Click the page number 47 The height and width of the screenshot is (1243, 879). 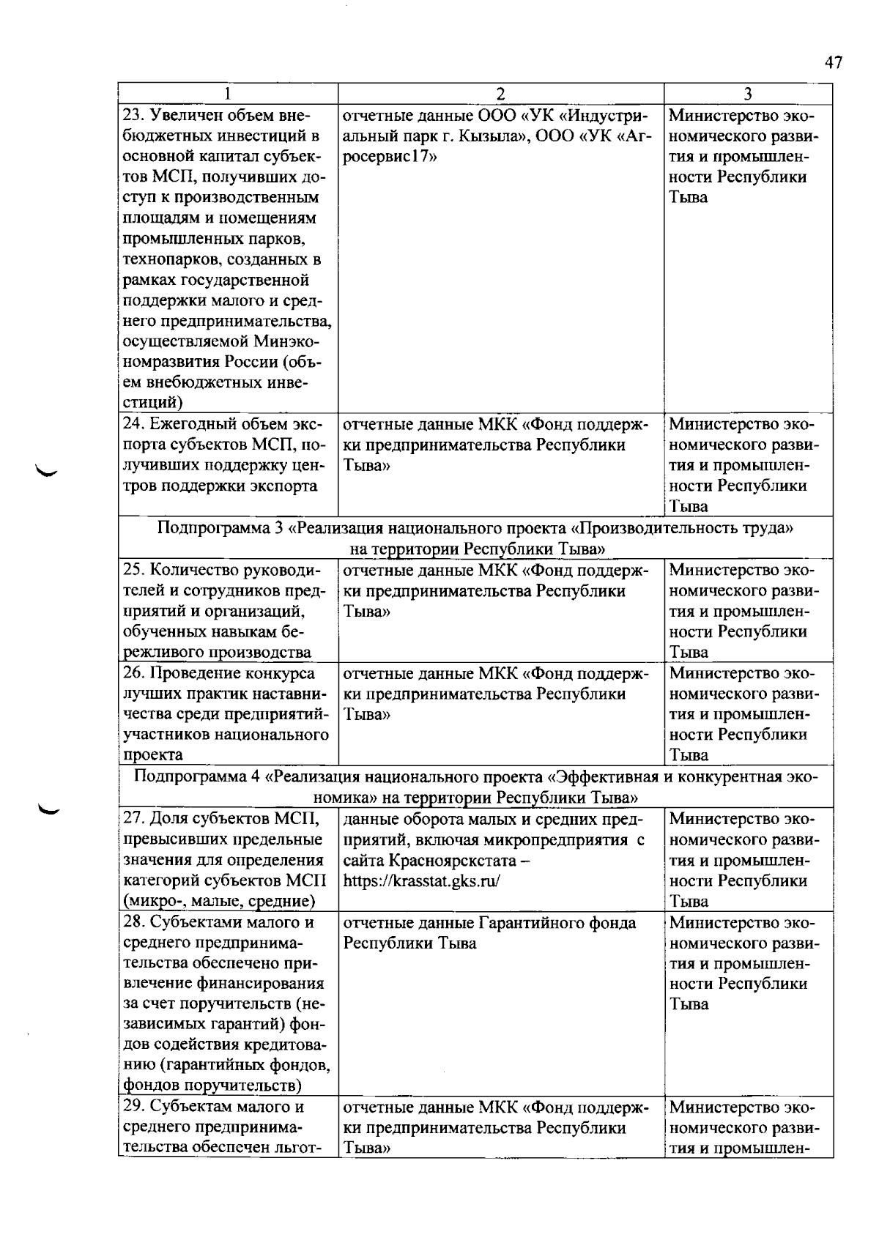(834, 63)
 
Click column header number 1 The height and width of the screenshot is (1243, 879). (228, 94)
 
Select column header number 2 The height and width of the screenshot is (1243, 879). (500, 94)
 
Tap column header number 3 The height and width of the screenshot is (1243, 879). (748, 94)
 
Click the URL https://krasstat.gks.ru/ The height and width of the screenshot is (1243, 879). (421, 881)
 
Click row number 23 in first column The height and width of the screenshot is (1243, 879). (133, 116)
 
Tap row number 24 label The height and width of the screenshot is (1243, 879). (133, 424)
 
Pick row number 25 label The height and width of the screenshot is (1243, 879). (133, 570)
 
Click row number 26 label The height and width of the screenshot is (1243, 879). (133, 673)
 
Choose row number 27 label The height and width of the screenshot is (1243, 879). (133, 819)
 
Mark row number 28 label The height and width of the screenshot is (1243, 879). (133, 922)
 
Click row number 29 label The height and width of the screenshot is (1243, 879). (133, 1107)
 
